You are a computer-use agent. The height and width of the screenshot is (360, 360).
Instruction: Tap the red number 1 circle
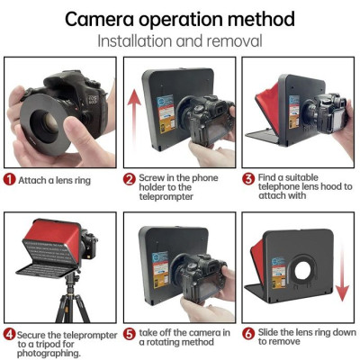click(8, 179)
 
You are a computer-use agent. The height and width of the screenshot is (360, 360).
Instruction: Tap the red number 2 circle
click(130, 179)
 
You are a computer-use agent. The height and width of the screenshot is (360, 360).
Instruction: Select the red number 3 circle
click(248, 179)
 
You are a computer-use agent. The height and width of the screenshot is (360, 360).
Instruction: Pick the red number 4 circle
click(8, 334)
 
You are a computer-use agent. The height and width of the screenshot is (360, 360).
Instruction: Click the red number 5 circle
click(130, 334)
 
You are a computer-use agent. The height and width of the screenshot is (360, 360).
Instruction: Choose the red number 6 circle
click(248, 334)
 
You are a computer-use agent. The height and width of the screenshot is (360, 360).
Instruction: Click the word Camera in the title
click(105, 18)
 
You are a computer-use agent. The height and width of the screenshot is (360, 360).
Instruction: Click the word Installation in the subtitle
click(136, 40)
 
